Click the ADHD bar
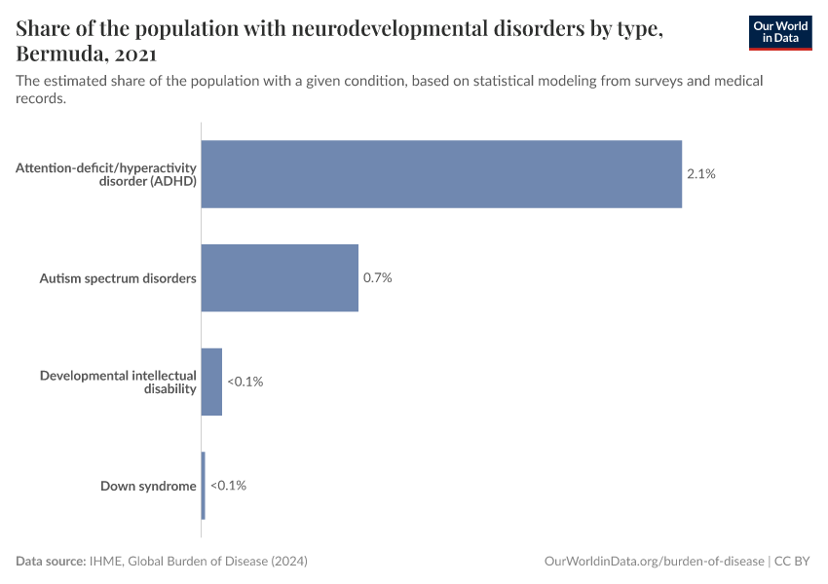pos(441,174)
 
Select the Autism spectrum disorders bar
pos(280,278)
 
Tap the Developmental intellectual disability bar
pos(211,382)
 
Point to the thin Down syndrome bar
pos(203,486)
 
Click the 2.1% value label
pos(701,174)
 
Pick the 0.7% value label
pos(377,278)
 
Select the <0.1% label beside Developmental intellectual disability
pos(245,382)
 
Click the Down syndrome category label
pos(148,486)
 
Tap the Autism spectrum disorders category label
pos(118,278)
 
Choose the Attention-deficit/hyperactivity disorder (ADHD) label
pos(106,174)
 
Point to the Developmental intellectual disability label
pos(118,382)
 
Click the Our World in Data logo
pos(779,32)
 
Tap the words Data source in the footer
pos(50,562)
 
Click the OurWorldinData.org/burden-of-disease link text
pos(653,562)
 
